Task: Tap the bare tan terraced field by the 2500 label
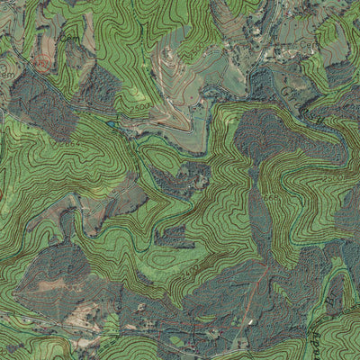point(171,112)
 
